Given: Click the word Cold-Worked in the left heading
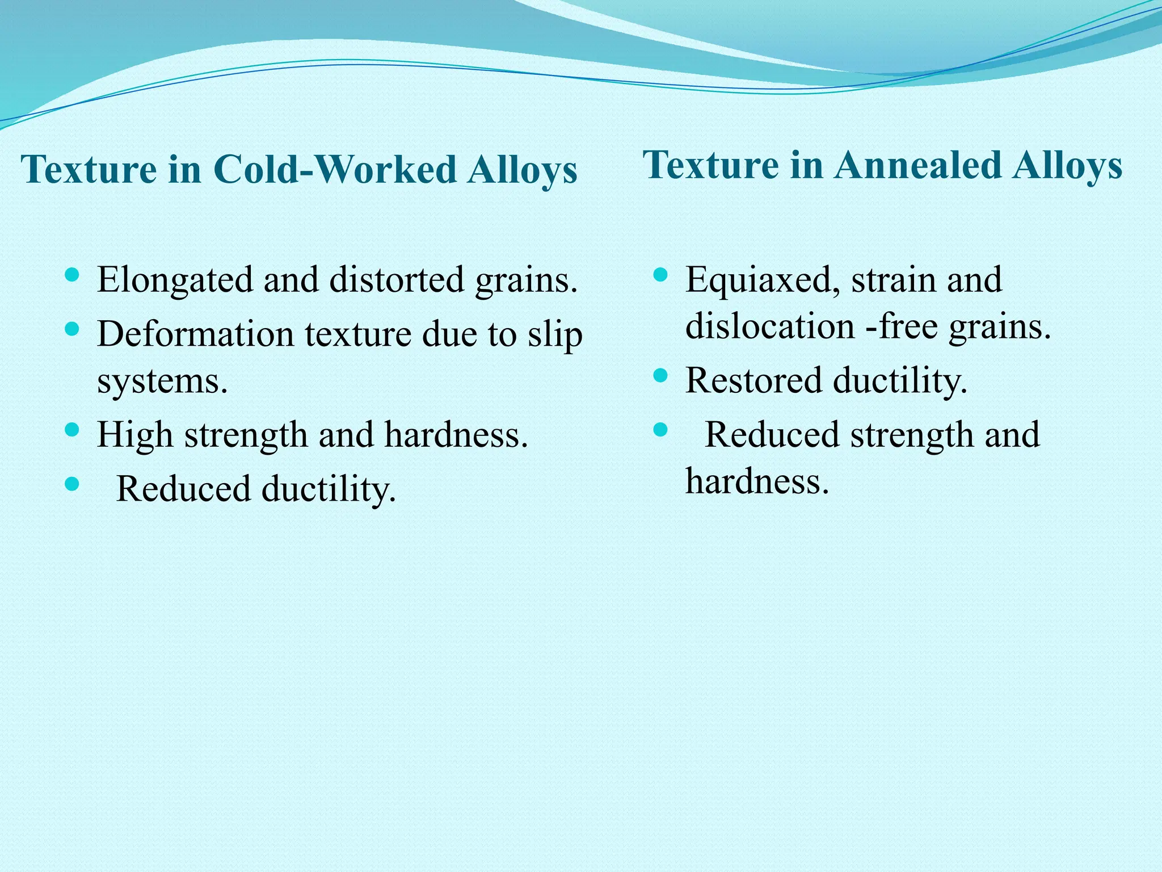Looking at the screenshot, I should [x=335, y=169].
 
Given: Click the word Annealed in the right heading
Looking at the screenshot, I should [x=917, y=165].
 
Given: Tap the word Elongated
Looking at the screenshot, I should [x=175, y=280].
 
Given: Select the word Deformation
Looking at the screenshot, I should [x=195, y=334].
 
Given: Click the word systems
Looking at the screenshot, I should [x=162, y=381].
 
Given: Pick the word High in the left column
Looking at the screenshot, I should [x=134, y=435].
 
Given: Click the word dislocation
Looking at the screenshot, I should [x=770, y=327].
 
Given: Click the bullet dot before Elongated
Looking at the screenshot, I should [x=71, y=276].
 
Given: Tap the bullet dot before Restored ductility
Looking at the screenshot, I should [x=660, y=375].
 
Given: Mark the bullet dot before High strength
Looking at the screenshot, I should [x=71, y=429].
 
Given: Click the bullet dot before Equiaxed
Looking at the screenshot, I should [x=660, y=276].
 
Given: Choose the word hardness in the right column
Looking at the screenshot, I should [x=757, y=481].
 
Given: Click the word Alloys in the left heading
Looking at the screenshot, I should [x=522, y=169].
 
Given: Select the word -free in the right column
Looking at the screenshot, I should [x=902, y=327].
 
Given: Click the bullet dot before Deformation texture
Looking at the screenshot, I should [x=71, y=329].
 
